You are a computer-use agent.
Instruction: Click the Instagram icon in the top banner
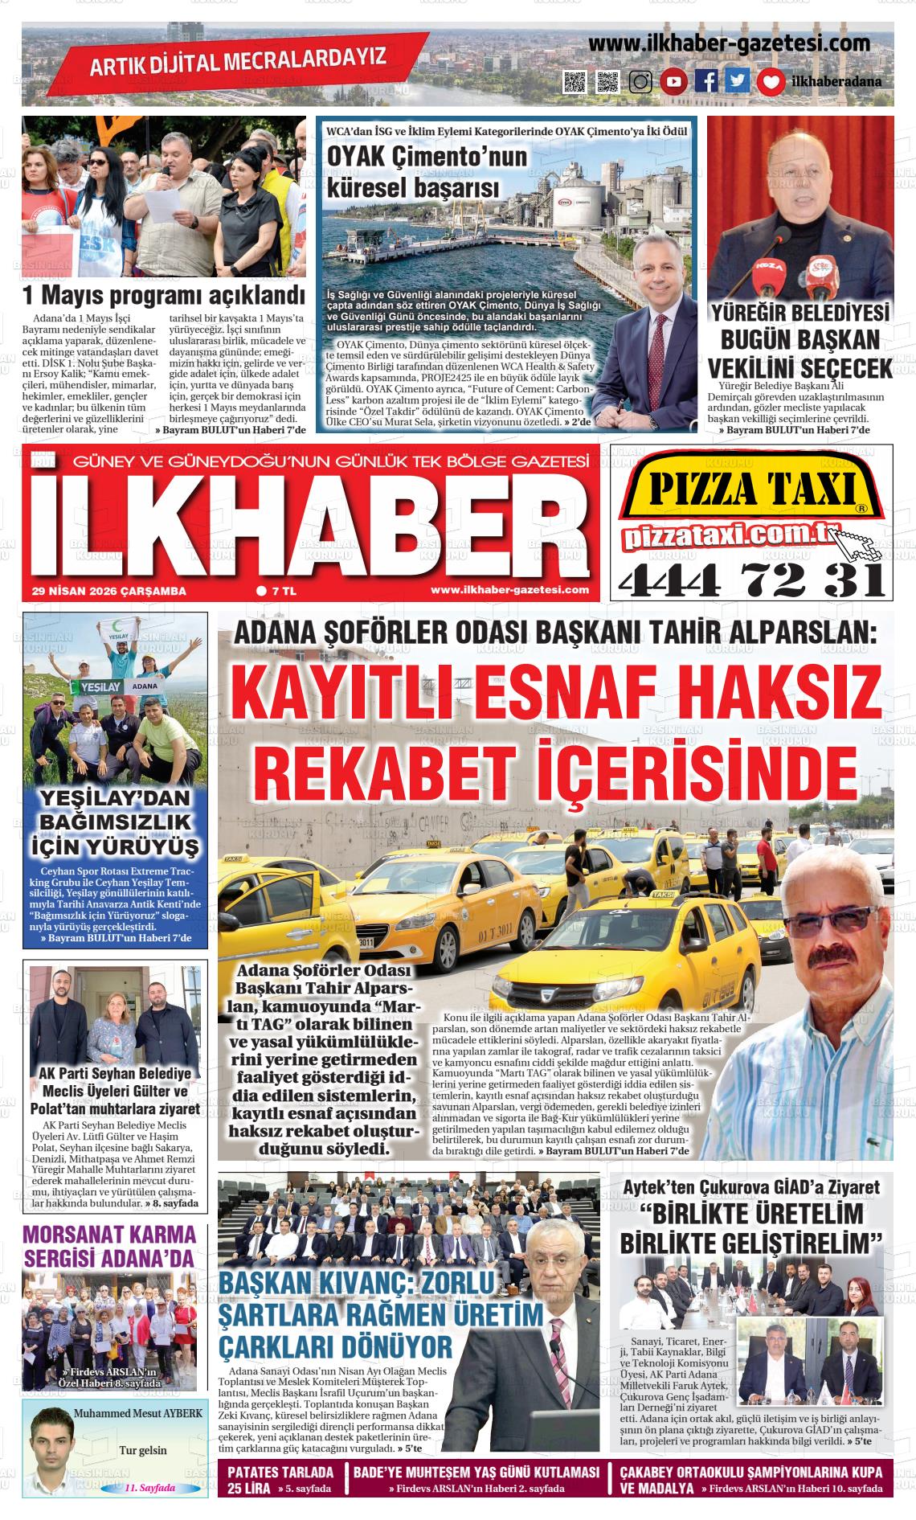[x=640, y=81]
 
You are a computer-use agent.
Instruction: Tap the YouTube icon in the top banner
[x=673, y=81]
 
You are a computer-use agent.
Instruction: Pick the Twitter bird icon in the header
[x=738, y=81]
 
